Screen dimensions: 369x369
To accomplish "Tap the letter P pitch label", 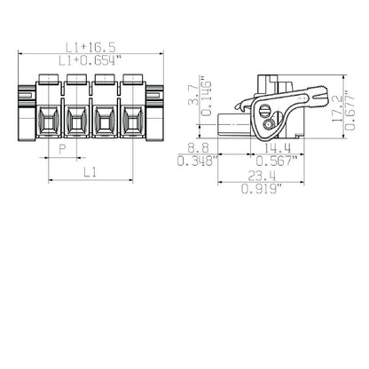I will click(x=61, y=151).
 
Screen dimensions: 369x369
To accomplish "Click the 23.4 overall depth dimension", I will click(x=263, y=177).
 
